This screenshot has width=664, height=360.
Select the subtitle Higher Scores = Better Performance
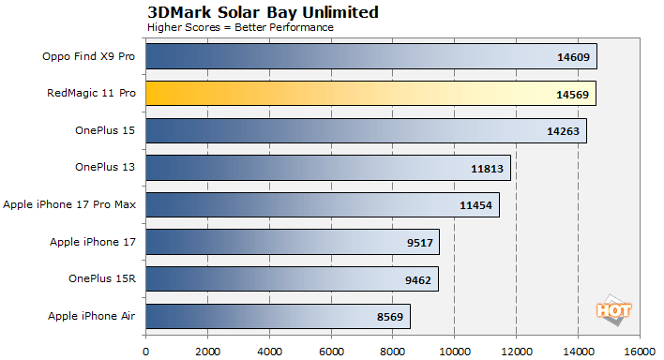tap(240, 26)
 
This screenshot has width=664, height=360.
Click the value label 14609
tap(573, 57)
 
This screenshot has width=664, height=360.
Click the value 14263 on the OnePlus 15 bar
tap(564, 131)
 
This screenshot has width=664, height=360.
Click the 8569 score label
tap(389, 317)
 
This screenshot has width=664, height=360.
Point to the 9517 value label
tap(418, 243)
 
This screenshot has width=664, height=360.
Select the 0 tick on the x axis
tap(145, 351)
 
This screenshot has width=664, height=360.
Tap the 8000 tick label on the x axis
tap(392, 351)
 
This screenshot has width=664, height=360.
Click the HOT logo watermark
tap(613, 309)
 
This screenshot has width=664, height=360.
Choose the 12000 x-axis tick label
tap(515, 351)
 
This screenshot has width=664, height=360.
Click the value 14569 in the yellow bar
tap(573, 95)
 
